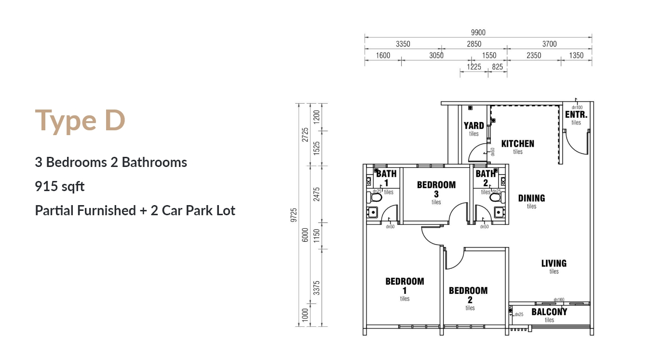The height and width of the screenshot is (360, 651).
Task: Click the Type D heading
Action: coord(80,120)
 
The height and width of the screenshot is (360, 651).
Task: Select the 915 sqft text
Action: coord(60,186)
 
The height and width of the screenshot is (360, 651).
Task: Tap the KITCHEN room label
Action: coord(517,144)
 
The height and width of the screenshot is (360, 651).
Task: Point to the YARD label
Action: coord(474,125)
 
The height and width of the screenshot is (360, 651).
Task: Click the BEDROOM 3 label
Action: coord(436,189)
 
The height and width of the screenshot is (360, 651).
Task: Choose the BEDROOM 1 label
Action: coord(405,286)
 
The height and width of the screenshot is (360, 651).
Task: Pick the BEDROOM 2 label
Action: coord(468,295)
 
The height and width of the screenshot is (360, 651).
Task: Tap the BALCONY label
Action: coord(549,312)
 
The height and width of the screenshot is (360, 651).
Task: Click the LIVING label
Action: coord(554,263)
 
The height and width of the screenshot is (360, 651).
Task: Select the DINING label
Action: coord(531,198)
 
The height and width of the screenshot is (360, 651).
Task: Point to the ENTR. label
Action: coord(576,115)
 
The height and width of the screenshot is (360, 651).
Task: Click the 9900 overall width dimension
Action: coord(478,32)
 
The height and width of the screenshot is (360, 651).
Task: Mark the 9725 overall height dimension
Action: coord(294,215)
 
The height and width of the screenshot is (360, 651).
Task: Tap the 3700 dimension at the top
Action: coord(549,44)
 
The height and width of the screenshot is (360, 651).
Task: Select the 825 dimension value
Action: coord(497,67)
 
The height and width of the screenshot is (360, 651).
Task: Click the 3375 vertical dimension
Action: coord(317,288)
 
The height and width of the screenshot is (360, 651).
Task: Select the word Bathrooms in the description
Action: coord(154,162)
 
